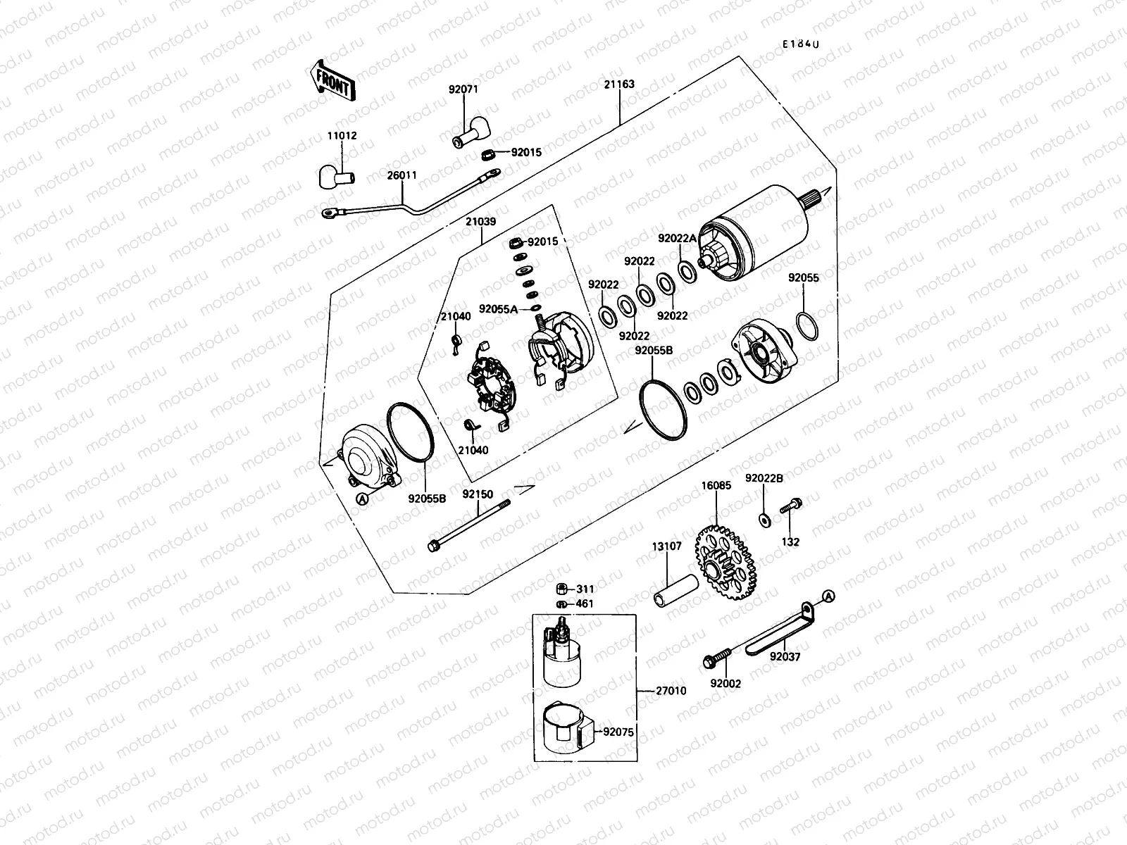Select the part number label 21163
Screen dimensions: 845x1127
(x=619, y=84)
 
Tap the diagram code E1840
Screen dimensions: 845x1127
(x=802, y=44)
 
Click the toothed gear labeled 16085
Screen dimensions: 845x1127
(x=725, y=560)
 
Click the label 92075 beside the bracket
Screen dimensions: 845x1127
(x=618, y=732)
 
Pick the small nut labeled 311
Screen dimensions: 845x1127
(x=561, y=589)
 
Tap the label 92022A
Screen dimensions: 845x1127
(x=677, y=239)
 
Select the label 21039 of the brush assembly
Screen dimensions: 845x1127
(x=480, y=221)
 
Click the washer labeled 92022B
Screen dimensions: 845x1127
(x=765, y=520)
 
